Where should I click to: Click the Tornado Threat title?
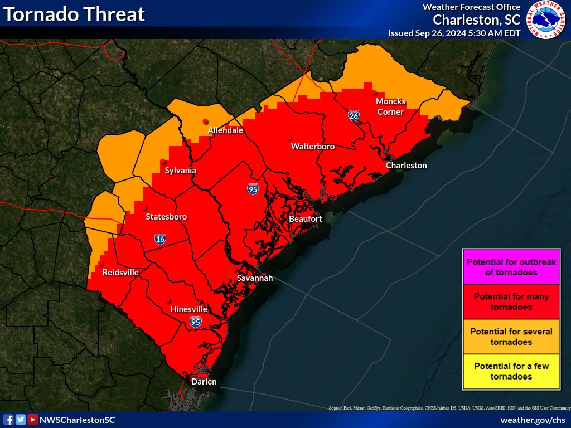(x=74, y=14)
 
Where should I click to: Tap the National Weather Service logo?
(x=547, y=20)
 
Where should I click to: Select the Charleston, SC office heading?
(x=477, y=20)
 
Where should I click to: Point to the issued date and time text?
(x=454, y=33)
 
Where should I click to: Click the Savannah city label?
(x=255, y=278)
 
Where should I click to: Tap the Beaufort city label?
(x=305, y=219)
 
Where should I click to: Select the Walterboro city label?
(x=313, y=147)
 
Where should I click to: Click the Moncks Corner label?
(x=390, y=106)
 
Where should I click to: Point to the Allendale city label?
(x=225, y=130)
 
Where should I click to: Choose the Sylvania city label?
(x=180, y=171)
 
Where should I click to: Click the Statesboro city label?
(x=166, y=216)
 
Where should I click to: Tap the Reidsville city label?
(x=120, y=273)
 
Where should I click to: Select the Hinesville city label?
(x=188, y=309)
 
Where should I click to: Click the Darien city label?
(x=204, y=382)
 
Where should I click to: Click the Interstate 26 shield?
(x=354, y=115)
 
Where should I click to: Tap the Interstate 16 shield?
(x=160, y=239)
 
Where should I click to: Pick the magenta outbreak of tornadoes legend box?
(x=511, y=267)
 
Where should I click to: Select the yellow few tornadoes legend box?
(x=511, y=371)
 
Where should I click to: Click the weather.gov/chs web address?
(x=533, y=420)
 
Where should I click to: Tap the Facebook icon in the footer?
(x=8, y=420)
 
